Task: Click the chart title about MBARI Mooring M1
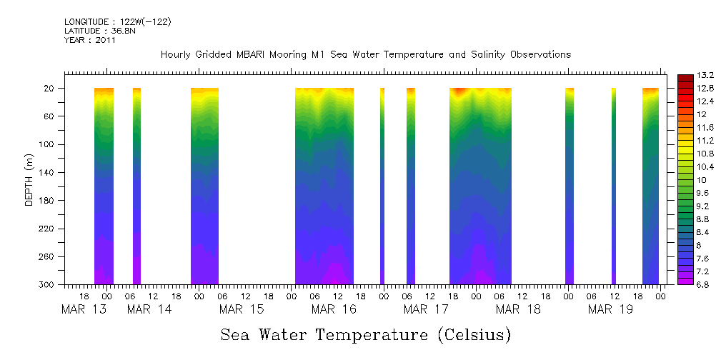(365, 54)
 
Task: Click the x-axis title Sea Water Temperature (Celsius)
(365, 334)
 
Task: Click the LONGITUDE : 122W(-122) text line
(117, 22)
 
